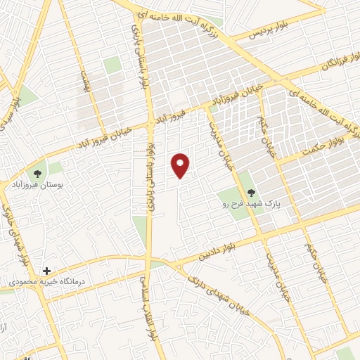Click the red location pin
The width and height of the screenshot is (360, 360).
pyautogui.click(x=181, y=165)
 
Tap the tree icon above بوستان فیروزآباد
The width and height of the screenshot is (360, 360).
pyautogui.click(x=36, y=172)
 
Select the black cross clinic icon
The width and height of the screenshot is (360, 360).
pyautogui.click(x=46, y=270)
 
